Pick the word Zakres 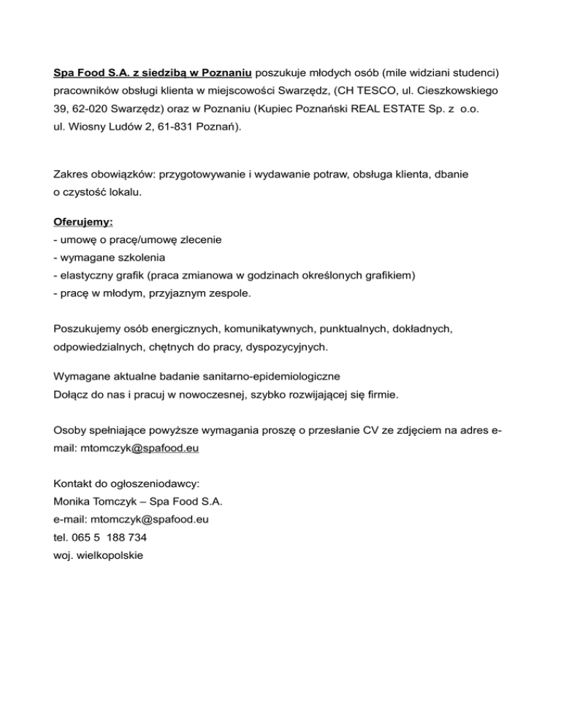(72, 175)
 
